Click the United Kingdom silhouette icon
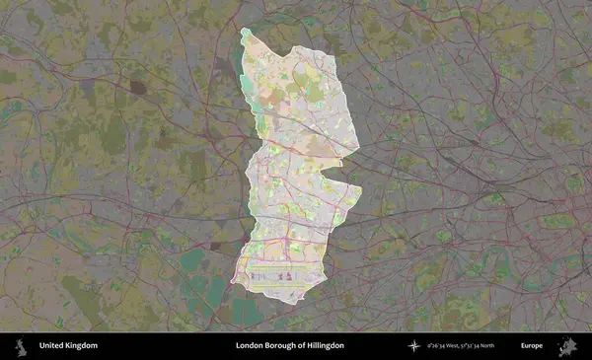[x=19, y=346]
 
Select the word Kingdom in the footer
[x=81, y=346]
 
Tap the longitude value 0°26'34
[x=437, y=346]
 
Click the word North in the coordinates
[x=509, y=346]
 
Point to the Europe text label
[x=532, y=346]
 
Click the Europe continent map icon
[x=566, y=346]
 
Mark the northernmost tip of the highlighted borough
[x=245, y=31]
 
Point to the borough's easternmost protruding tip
[x=361, y=187]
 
